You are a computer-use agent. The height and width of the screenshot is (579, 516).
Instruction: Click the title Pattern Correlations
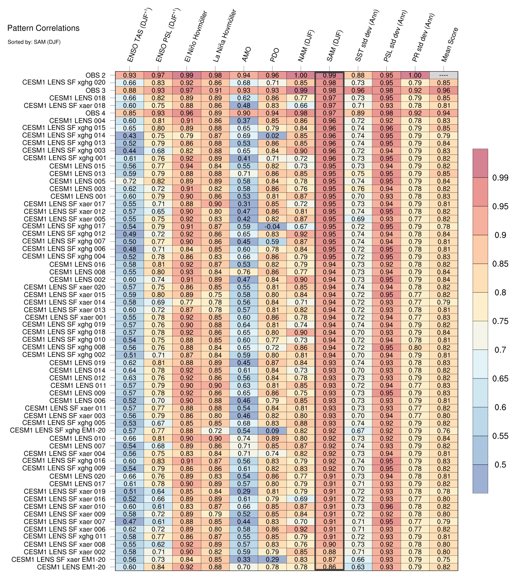click(43, 28)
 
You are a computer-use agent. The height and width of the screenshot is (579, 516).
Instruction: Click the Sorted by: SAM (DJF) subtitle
click(34, 42)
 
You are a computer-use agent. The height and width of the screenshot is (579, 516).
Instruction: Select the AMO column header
click(247, 55)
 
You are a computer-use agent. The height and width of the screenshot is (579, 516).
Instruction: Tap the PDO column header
click(274, 55)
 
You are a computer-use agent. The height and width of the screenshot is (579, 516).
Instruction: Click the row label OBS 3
click(95, 91)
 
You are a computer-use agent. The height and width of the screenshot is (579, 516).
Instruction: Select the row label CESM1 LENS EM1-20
click(71, 567)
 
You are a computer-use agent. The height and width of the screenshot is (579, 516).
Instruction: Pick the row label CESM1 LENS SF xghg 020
click(64, 83)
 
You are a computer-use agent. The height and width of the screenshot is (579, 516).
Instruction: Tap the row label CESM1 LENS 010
click(77, 439)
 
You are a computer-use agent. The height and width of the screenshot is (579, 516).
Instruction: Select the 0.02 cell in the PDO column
click(273, 136)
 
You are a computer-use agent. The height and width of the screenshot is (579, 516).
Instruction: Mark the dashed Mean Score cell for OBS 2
click(444, 75)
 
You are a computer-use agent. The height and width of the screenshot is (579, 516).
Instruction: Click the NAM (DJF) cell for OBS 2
click(301, 75)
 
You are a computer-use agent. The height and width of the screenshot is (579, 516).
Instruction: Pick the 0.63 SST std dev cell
click(358, 567)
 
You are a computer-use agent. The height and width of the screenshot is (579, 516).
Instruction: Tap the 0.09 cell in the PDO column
click(273, 431)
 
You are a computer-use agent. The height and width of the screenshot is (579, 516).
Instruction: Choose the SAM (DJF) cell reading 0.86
click(329, 567)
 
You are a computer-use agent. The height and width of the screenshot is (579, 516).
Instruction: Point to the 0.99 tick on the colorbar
click(500, 178)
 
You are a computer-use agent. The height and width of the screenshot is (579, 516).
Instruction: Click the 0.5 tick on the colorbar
click(500, 465)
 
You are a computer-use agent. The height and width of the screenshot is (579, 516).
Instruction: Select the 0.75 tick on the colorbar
click(500, 321)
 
